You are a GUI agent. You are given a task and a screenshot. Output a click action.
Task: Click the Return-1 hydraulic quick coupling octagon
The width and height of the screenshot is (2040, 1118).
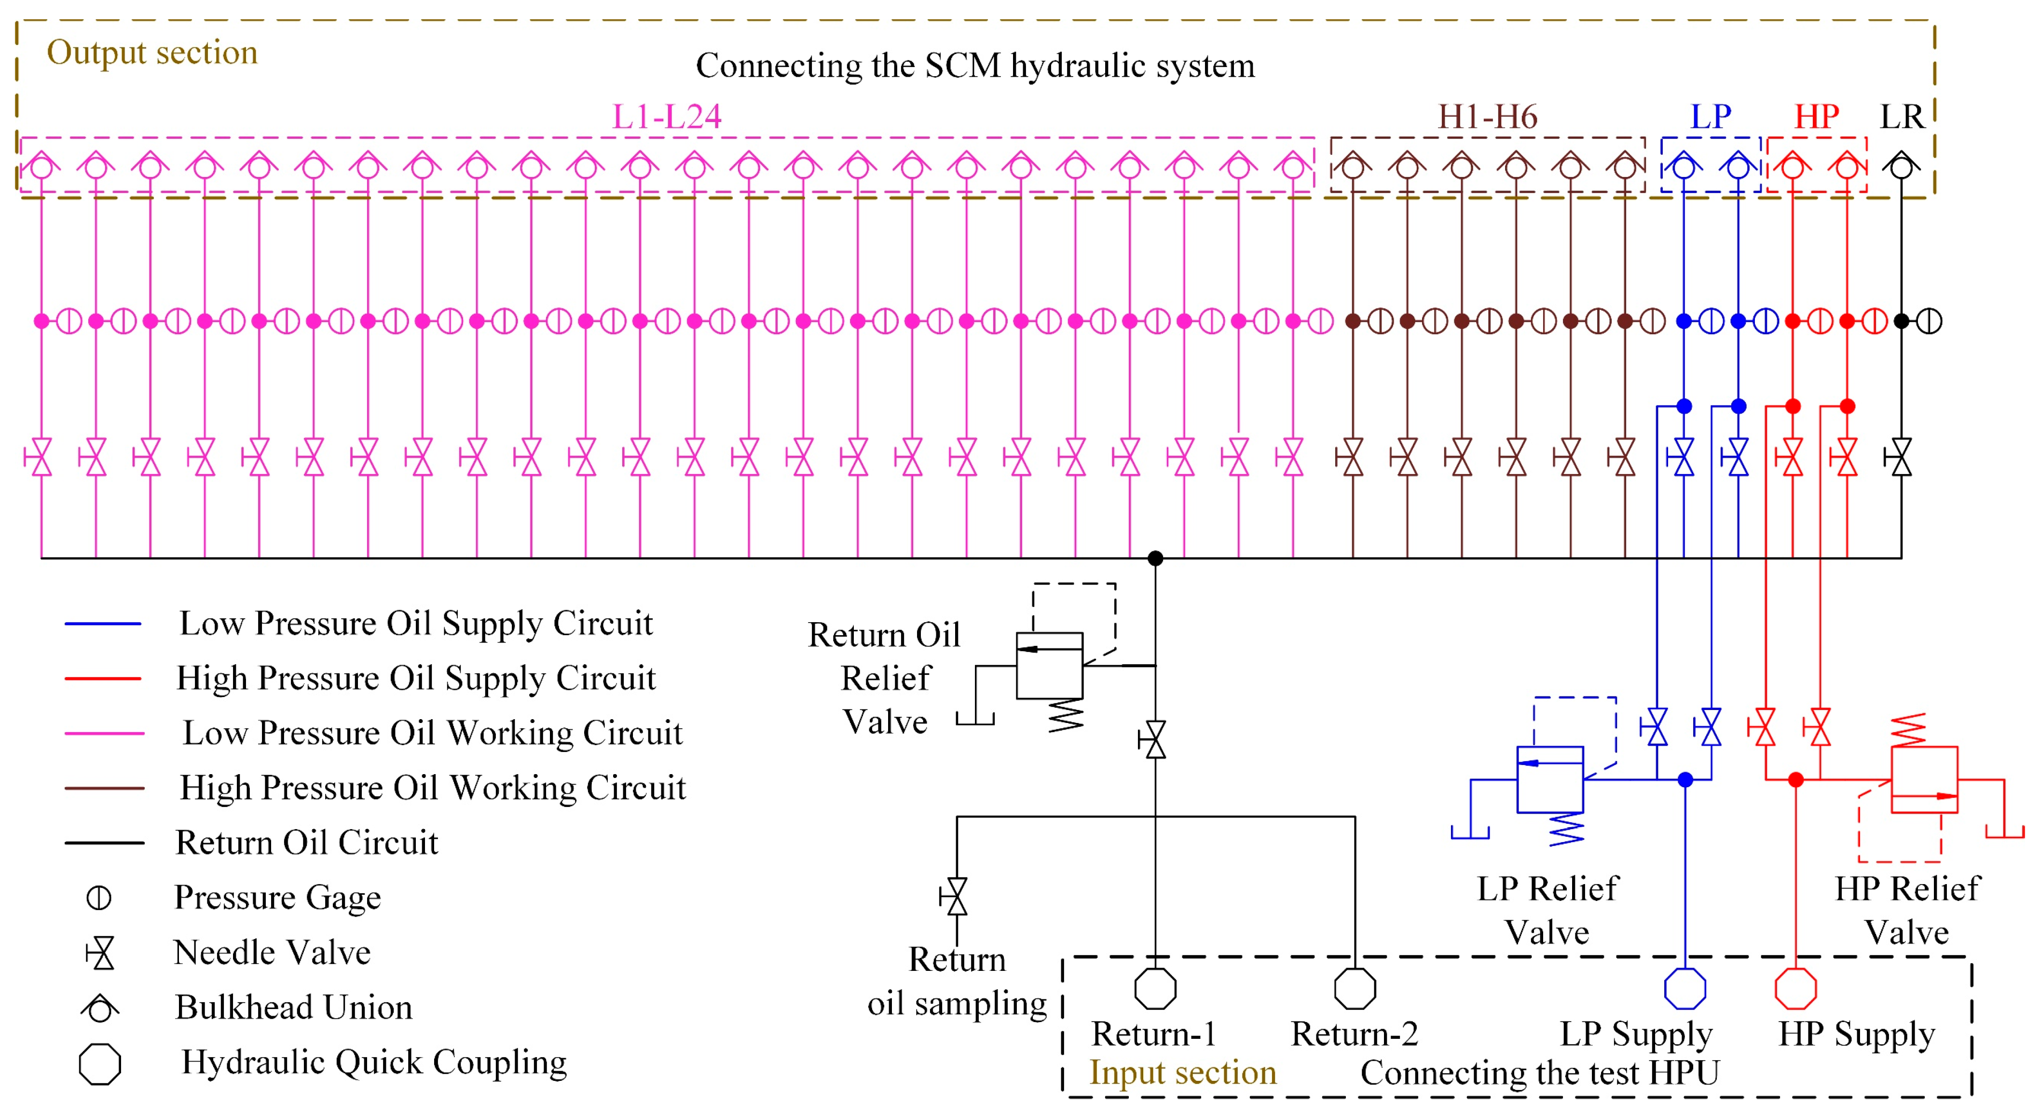pos(1155,989)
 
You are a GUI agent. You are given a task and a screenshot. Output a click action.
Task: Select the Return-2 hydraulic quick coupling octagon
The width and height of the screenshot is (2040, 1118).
pos(1355,989)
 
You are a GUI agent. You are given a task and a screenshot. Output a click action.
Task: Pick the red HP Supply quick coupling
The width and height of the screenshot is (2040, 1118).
pos(1795,989)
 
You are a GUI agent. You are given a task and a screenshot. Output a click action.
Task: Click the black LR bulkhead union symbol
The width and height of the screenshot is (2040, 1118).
pos(1902,166)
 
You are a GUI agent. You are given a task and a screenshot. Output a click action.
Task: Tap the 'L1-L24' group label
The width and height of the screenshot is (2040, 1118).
pos(667,117)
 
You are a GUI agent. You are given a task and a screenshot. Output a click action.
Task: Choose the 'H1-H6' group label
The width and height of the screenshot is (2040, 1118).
pos(1487,117)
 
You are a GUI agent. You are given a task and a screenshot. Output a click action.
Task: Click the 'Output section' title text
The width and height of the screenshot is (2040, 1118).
pos(152,52)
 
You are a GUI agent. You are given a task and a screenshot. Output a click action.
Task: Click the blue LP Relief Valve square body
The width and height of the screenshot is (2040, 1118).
pos(1550,780)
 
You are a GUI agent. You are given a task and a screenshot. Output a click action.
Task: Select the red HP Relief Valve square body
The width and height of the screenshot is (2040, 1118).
pos(1924,780)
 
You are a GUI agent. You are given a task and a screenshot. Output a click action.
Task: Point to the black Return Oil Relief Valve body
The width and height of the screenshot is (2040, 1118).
pos(1049,666)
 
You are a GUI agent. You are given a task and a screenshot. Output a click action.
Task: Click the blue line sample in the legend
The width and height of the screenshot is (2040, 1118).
pos(103,624)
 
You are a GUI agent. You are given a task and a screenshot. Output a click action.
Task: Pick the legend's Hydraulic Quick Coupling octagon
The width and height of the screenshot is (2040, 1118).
pos(100,1063)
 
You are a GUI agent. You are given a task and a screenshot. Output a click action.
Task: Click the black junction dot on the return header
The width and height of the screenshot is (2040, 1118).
pos(1155,558)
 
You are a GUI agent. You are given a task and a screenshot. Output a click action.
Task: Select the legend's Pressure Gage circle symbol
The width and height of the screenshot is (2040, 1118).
pos(99,898)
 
